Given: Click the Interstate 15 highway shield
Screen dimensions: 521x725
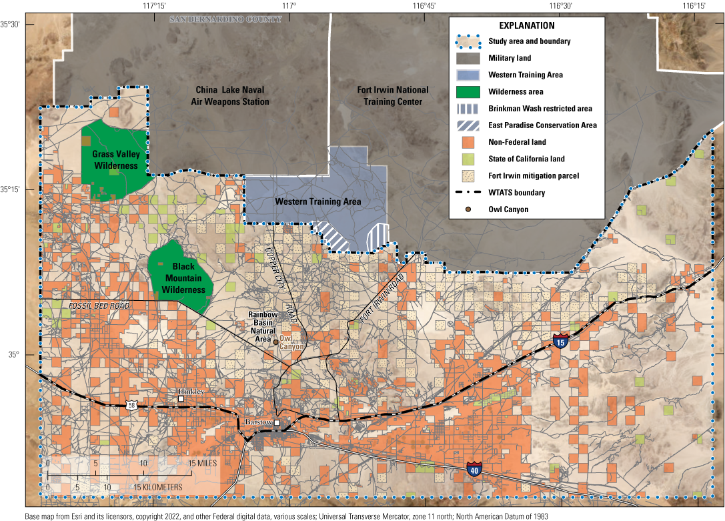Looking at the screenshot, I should [561, 342].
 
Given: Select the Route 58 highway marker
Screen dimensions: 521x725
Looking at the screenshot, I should [131, 405].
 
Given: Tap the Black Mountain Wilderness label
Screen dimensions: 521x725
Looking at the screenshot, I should [183, 278].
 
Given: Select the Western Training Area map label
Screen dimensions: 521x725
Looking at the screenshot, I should [318, 201].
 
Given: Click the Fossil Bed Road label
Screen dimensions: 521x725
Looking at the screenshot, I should [98, 306].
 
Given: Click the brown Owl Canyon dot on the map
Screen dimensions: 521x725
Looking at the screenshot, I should [275, 342].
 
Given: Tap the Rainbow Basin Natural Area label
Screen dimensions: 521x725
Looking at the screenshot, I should [262, 326].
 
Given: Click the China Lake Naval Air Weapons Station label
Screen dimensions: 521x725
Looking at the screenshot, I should [232, 95].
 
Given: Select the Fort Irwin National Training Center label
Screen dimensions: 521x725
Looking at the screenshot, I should [393, 95].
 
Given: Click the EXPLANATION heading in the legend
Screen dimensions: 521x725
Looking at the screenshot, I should [526, 26].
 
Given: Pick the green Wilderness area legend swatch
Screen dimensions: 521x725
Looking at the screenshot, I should [468, 91].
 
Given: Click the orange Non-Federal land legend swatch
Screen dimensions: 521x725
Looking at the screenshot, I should [468, 142].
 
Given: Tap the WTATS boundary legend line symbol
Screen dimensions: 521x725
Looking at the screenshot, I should [468, 193].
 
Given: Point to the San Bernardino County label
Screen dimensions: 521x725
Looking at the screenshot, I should [225, 19].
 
